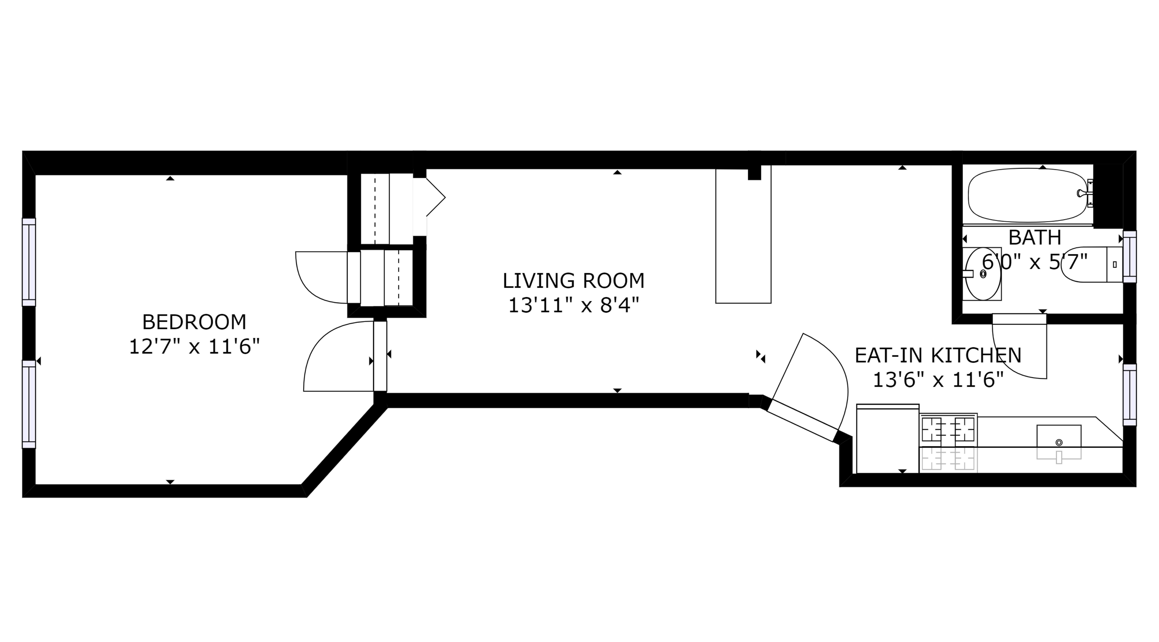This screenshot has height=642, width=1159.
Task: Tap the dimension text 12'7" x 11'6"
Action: [194, 347]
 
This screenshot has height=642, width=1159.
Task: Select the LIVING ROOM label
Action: [573, 281]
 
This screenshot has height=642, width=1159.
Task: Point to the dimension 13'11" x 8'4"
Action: [573, 306]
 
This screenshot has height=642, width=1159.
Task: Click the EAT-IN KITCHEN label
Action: [938, 356]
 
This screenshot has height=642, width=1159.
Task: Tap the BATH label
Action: [1035, 237]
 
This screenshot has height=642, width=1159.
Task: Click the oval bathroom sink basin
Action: [983, 274]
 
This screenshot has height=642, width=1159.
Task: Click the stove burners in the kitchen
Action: [948, 429]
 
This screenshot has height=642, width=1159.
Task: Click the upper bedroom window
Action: [29, 262]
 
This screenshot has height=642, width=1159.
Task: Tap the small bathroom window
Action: [1129, 257]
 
